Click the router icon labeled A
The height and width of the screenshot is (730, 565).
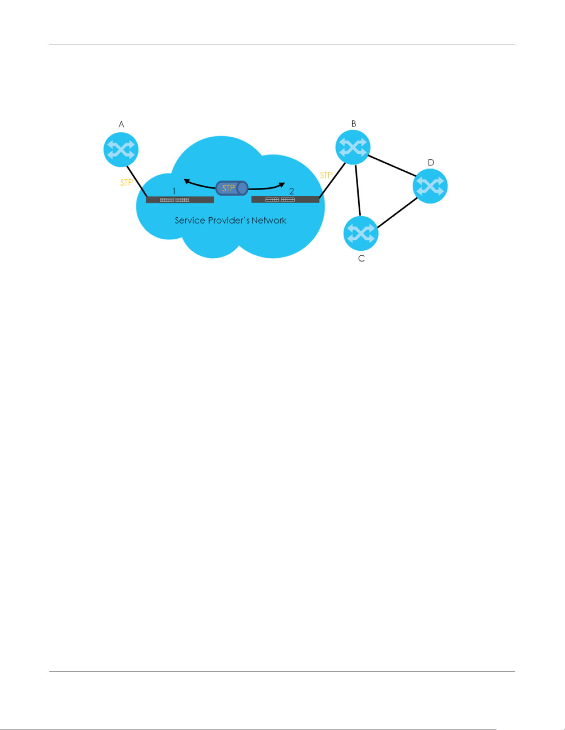[x=121, y=150]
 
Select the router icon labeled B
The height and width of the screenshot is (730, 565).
[x=353, y=147]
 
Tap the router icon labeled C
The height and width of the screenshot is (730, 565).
[x=361, y=233]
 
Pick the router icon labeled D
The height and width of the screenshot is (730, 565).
[x=430, y=186]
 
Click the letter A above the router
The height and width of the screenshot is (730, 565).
[x=121, y=124]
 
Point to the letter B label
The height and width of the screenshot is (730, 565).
[x=354, y=124]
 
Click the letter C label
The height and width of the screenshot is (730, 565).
[x=362, y=258]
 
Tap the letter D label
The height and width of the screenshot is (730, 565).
[x=431, y=162]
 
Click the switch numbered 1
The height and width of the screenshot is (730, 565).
[x=180, y=200]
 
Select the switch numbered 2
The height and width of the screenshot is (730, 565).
[x=286, y=199]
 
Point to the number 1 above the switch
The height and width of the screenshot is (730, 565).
[x=174, y=191]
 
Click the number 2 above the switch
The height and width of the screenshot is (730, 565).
[x=291, y=191]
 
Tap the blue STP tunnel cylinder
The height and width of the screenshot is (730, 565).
[x=232, y=188]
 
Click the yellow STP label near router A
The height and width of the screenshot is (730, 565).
[x=127, y=182]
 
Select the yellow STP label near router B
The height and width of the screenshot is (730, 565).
[x=326, y=175]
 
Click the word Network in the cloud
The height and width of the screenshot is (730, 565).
[x=269, y=221]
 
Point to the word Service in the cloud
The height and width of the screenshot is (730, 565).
[x=190, y=221]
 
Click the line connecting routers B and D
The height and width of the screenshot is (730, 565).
[x=392, y=165]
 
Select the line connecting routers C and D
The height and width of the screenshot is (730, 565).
[x=397, y=213]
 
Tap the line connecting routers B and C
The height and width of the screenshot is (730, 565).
[x=358, y=190]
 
